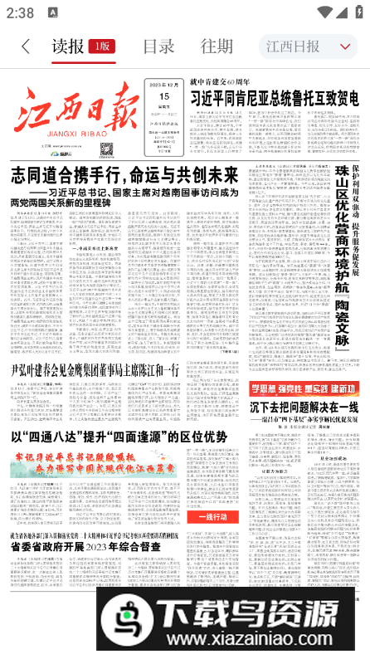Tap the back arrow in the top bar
click(26, 46)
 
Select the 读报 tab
click(67, 46)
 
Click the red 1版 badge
click(102, 46)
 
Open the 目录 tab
click(158, 46)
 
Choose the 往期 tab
click(216, 46)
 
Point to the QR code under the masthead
click(106, 150)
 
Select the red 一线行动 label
click(219, 518)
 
